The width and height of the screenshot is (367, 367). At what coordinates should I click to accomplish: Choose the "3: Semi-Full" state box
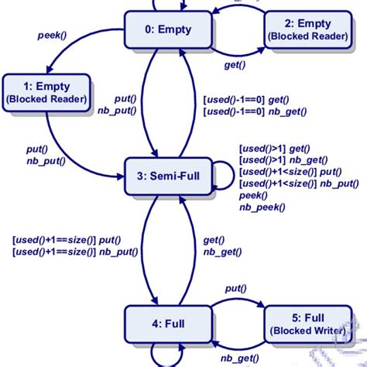point(163,176)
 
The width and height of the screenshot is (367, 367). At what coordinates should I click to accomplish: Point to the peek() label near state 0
point(53,36)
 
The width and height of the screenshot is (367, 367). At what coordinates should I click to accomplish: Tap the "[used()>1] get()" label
point(274,147)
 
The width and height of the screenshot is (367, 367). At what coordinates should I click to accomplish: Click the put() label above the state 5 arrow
point(236,289)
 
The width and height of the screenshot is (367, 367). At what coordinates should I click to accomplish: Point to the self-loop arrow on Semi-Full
point(225,177)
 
